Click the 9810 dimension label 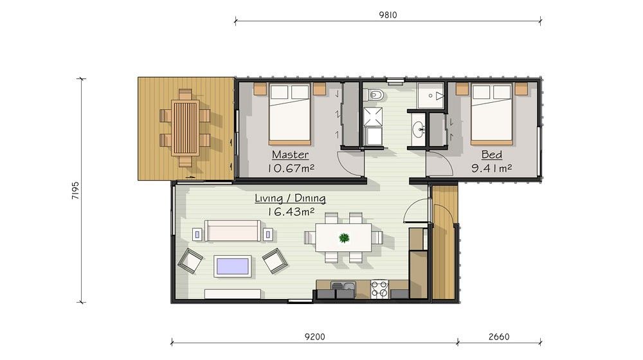point(388,15)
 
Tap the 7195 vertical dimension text point(75,191)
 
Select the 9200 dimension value point(314,337)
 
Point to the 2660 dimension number point(499,337)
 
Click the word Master point(290,154)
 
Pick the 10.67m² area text point(291,168)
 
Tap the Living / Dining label point(290,199)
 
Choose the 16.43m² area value point(291,212)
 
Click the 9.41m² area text point(491,168)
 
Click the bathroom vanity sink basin point(419,130)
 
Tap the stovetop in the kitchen point(379,289)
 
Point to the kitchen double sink point(343,286)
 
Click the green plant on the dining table point(343,237)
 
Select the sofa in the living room point(233,230)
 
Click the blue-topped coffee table point(233,266)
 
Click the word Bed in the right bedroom point(491,154)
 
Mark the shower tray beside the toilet point(373,117)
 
